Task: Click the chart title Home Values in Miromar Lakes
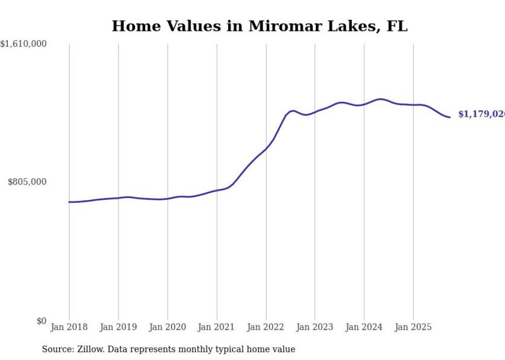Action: pos(259,26)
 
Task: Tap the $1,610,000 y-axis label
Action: pos(23,44)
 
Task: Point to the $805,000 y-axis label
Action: pos(27,182)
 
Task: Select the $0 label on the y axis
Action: pos(41,321)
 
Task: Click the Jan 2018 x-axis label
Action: pos(69,327)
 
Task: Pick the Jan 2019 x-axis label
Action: pos(119,327)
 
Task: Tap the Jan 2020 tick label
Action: pos(167,327)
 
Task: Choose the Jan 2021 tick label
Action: pos(217,327)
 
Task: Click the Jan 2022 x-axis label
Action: pos(266,327)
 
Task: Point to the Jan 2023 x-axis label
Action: pos(315,327)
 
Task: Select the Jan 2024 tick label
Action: pos(364,327)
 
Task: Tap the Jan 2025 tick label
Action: pos(413,327)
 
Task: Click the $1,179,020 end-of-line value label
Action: pos(481,114)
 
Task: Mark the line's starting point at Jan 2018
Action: pos(69,202)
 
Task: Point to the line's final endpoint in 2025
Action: pos(450,117)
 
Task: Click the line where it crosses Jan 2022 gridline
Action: pos(266,148)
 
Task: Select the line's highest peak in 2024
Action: pos(380,99)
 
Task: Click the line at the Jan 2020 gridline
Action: pos(167,198)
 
